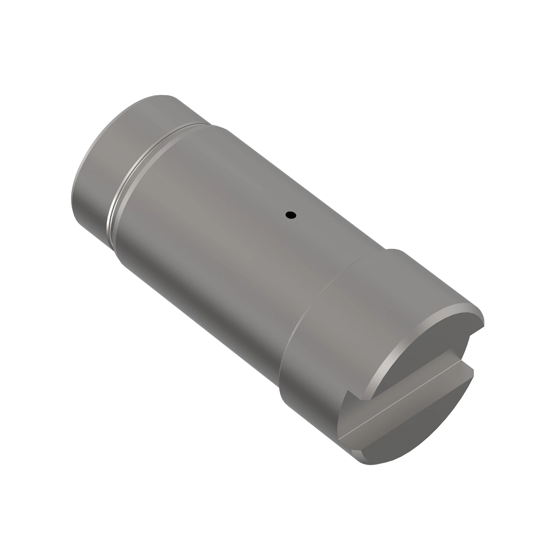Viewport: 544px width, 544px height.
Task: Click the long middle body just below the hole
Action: pos(254,254)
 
